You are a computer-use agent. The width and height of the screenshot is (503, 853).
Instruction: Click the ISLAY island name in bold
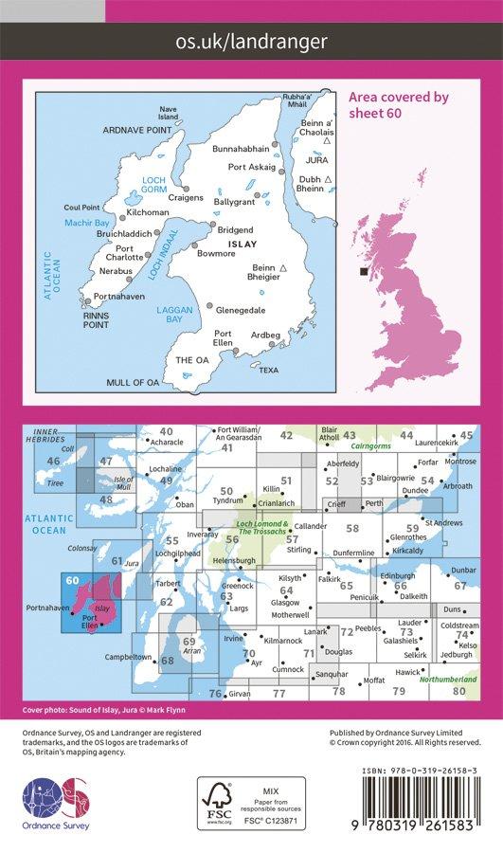click(x=228, y=243)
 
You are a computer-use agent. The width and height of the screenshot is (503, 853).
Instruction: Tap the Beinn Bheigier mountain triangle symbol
click(x=284, y=269)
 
